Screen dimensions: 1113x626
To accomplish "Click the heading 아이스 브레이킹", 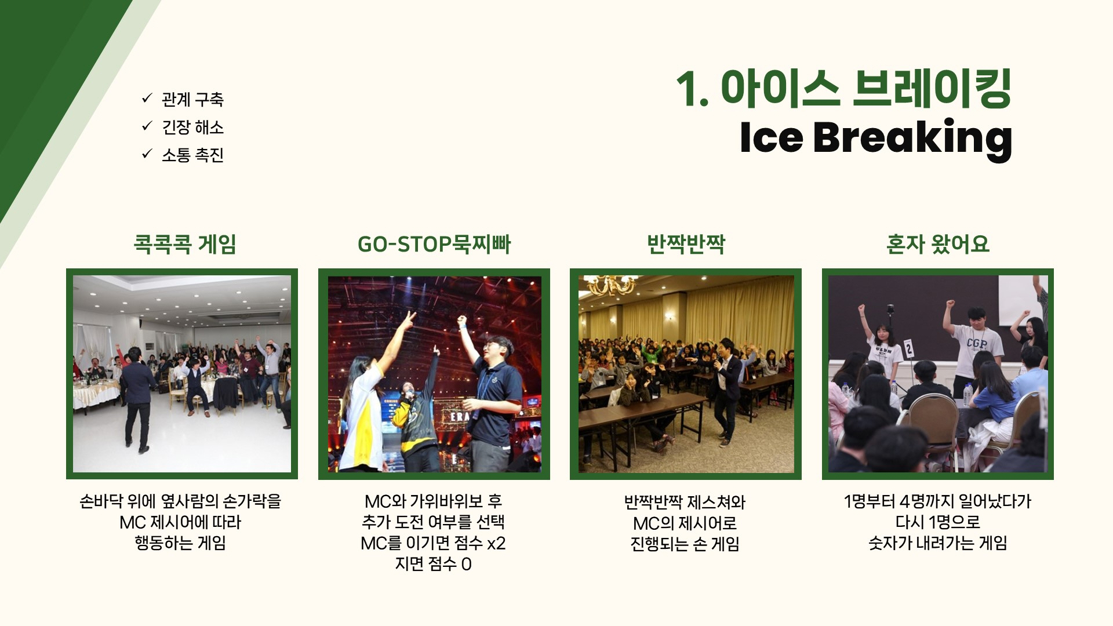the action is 867,89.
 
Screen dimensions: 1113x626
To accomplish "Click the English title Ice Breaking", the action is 876,139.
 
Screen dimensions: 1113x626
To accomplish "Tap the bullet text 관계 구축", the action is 192,100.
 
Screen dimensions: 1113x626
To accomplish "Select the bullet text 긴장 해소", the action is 192,128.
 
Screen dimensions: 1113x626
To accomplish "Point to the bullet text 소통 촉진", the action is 192,155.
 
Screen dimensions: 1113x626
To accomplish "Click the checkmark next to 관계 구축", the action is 147,99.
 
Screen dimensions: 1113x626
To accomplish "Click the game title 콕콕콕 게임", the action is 185,244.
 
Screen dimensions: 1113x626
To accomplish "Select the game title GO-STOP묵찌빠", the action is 434,245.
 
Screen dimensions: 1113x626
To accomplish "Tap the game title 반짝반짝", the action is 686,244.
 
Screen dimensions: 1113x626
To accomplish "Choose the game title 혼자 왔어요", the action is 937,244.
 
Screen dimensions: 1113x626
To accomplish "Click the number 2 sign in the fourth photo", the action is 909,348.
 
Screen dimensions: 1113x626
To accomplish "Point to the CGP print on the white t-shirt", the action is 976,344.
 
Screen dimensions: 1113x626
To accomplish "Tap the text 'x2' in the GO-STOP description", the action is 496,544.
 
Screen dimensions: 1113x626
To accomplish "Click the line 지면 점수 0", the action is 434,564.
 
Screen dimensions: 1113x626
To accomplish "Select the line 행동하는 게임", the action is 180,543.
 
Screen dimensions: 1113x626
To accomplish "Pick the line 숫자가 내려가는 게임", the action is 938,543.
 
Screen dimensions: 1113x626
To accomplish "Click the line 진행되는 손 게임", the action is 685,544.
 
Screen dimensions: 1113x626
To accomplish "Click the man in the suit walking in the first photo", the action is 139,400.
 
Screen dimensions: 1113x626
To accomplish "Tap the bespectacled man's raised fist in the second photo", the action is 462,321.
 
